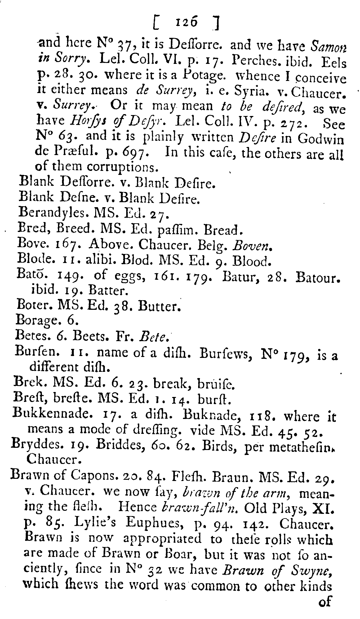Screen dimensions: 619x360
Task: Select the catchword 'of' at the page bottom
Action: (325, 602)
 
